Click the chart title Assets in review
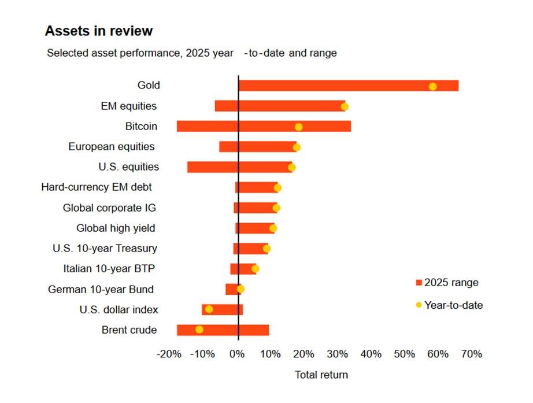tap(99, 31)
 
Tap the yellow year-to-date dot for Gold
tap(432, 86)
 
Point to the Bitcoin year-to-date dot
tap(298, 127)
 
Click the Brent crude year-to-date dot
tap(199, 330)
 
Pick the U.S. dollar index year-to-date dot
tap(209, 309)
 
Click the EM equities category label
tap(128, 106)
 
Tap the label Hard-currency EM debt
tap(97, 187)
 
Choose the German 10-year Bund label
tap(101, 289)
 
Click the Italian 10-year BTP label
tap(109, 268)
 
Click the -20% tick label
tap(169, 354)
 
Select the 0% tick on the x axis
tap(238, 354)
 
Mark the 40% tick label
tap(371, 354)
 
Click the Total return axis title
tap(321, 375)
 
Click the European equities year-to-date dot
tap(297, 147)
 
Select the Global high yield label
tap(116, 228)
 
